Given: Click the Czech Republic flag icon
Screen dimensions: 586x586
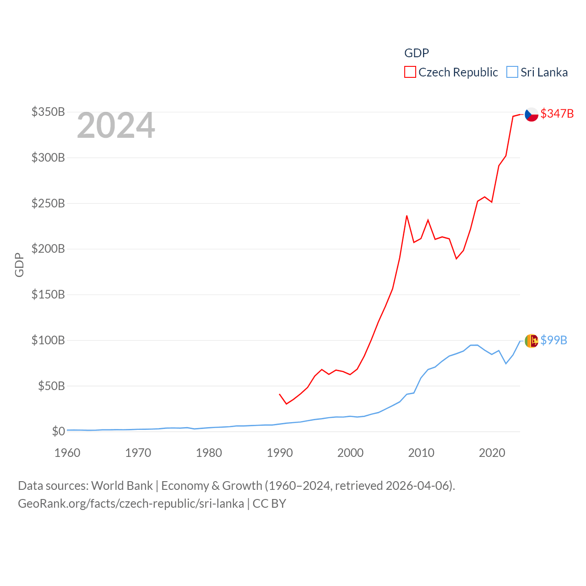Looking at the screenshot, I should (531, 114).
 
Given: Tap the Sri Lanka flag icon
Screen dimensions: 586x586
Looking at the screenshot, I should (531, 341).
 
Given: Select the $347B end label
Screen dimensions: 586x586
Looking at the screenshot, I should (557, 114).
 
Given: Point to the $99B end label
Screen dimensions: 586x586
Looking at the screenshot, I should (553, 340).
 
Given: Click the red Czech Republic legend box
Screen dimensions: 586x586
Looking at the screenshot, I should (410, 72).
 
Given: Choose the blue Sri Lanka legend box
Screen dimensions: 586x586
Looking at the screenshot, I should (512, 72).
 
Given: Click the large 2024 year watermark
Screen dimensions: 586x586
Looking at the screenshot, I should (116, 125).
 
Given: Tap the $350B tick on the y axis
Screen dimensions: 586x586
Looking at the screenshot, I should (48, 112).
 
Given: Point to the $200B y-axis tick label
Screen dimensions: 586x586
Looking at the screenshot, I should (48, 249).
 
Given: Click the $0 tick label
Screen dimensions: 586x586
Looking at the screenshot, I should (58, 431).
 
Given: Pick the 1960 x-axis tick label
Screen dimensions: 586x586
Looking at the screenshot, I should (67, 453).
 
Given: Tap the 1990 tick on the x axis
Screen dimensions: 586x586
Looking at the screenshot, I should (279, 453).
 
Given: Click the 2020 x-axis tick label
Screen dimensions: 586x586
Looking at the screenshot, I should (492, 453).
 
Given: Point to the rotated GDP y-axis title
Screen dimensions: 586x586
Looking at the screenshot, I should (19, 265).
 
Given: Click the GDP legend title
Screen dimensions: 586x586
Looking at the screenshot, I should (416, 53).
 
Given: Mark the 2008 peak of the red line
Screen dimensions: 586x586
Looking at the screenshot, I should (407, 216).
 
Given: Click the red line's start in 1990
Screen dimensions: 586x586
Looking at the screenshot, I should (279, 394).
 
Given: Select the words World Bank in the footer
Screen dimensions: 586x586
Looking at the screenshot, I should (122, 486).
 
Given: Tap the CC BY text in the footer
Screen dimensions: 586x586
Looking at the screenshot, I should (269, 504).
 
